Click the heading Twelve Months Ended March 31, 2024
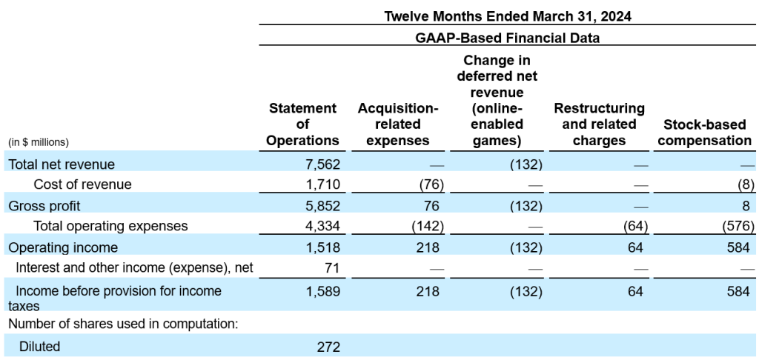pos(507,16)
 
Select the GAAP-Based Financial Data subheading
pos(507,37)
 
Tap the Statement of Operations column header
pos(302,124)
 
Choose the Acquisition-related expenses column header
pos(398,124)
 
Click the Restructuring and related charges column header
pos(599,124)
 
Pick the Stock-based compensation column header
pos(704,133)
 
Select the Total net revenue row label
pos(62,164)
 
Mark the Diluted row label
pos(39,347)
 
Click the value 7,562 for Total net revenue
pos(322,164)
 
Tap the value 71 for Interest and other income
pos(331,268)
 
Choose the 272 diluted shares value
pos(328,347)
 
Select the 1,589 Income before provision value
pos(322,291)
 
